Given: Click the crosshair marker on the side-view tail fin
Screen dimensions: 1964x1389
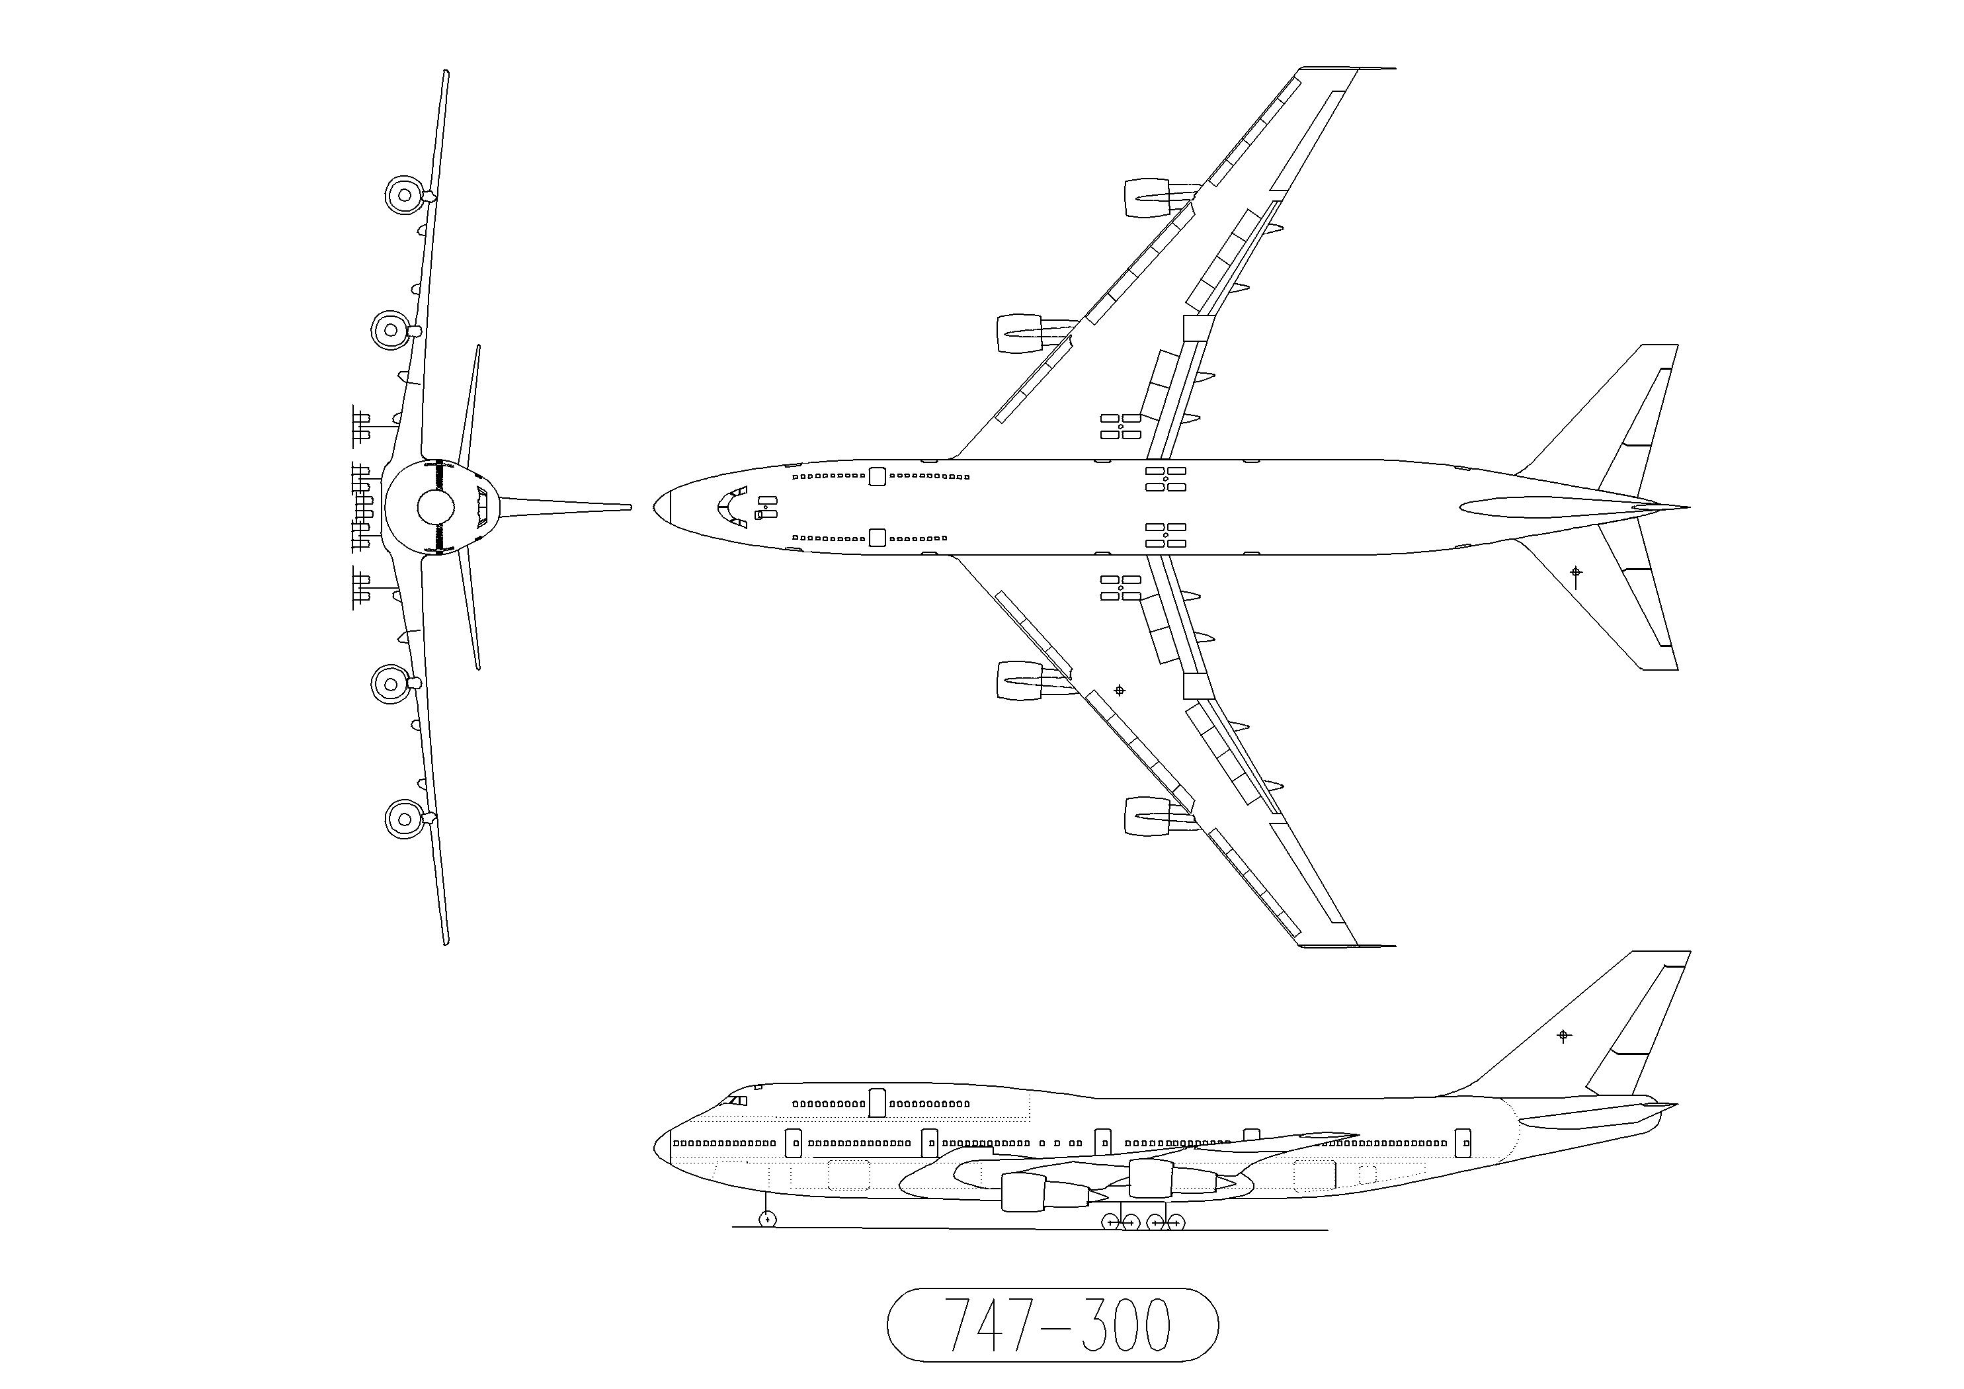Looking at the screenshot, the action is tap(1564, 1036).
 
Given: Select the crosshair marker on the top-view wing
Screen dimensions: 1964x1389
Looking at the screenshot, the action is tap(1119, 690).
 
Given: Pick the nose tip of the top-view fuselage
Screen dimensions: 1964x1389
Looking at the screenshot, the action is tap(655, 507).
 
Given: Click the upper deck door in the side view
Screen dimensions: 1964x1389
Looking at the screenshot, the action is tap(877, 1103).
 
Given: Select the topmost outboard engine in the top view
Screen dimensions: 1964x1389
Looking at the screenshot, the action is tap(1159, 198).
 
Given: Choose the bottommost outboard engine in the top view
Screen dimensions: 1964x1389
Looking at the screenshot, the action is tap(1159, 816).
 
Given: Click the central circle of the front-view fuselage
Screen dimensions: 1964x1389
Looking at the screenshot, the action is tap(435, 507).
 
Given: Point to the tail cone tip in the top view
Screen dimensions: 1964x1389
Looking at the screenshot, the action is tap(1688, 507).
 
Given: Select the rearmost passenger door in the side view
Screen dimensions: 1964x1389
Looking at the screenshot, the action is tap(1463, 1142).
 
